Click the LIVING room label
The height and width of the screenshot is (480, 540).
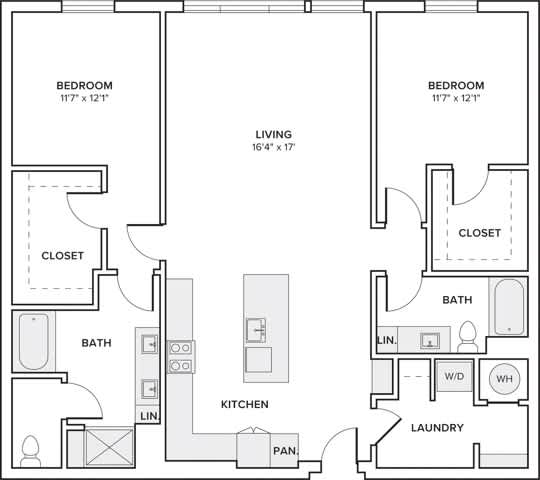point(272,133)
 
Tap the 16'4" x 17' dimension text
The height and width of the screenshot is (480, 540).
point(272,147)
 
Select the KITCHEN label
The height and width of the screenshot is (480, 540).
point(244,404)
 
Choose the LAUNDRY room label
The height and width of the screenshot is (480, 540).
point(437,428)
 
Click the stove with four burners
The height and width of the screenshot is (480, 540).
point(181,356)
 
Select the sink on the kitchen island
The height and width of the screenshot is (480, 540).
point(256,329)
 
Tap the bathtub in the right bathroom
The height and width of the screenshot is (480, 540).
point(508,306)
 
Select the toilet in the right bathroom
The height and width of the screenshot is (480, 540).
point(467,336)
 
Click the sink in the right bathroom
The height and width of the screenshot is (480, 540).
point(430,340)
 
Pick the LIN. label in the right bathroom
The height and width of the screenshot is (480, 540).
point(387,341)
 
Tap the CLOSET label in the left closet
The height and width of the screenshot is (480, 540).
point(62,255)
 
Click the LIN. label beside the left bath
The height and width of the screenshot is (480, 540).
point(149,415)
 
